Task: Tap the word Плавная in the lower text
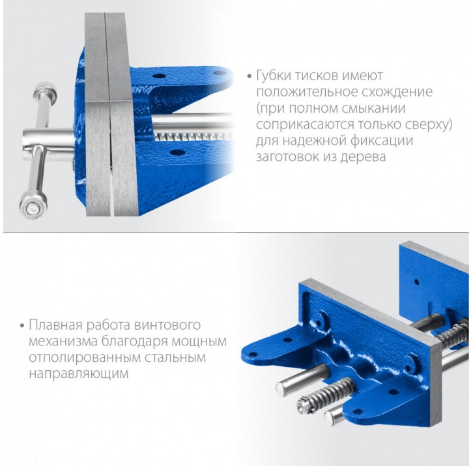(55, 325)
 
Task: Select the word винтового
(167, 325)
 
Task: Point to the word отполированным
(85, 358)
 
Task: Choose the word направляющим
(79, 374)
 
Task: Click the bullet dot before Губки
(249, 76)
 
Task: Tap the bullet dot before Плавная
(21, 326)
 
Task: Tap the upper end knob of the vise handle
(45, 92)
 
